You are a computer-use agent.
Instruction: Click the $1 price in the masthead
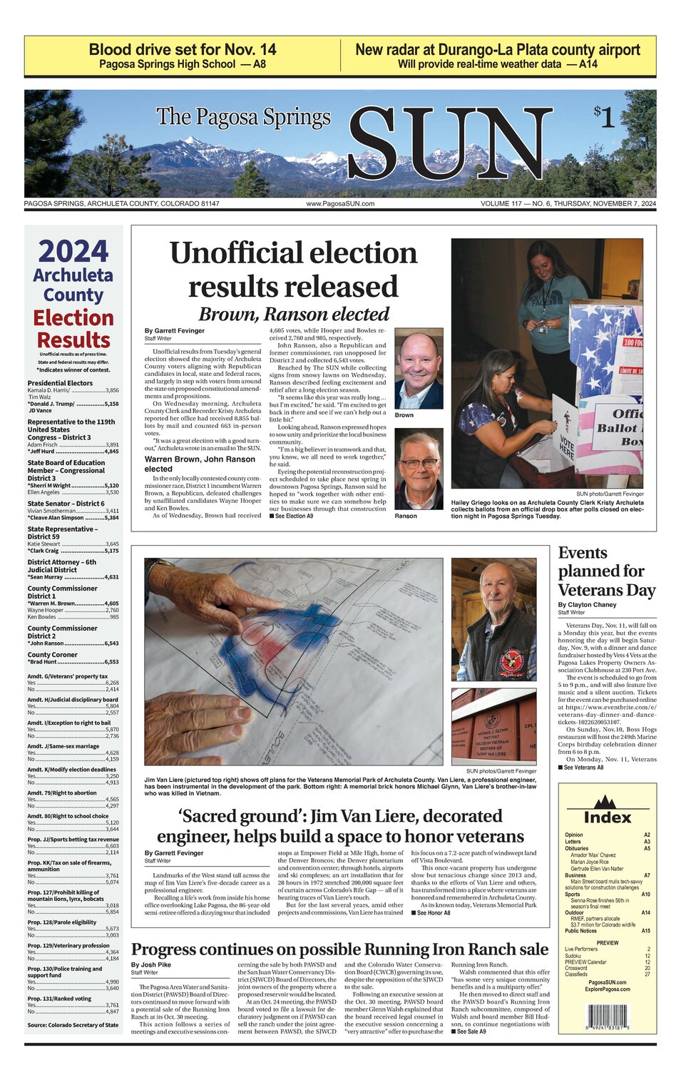(604, 117)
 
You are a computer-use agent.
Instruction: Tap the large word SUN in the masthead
(449, 145)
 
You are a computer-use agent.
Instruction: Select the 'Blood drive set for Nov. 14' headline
(183, 49)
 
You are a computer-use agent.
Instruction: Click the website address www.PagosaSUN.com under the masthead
(340, 204)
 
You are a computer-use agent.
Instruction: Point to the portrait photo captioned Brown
(419, 369)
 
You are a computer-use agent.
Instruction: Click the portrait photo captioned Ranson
(419, 469)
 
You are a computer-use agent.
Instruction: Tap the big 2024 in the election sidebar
(73, 252)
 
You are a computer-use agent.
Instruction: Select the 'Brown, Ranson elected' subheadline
(294, 314)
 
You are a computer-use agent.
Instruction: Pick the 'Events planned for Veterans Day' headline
(606, 571)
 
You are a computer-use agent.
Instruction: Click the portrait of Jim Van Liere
(493, 619)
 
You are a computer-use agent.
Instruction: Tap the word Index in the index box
(607, 817)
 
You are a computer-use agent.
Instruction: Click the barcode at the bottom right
(607, 1016)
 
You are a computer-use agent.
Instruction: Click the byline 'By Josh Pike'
(151, 964)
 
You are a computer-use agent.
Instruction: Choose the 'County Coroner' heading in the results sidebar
(53, 654)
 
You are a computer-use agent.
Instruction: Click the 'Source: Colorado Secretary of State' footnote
(73, 1025)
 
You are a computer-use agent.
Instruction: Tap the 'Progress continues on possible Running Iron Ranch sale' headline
(340, 949)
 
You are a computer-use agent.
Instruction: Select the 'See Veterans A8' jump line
(580, 768)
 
